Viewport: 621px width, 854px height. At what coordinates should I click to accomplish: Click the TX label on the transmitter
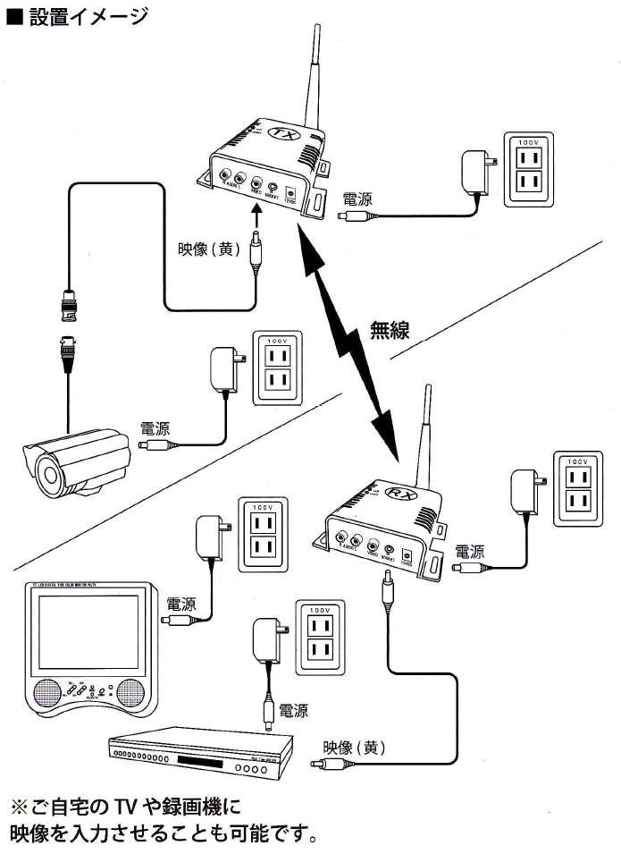point(285,133)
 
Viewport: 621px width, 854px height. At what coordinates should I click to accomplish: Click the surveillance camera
point(76,461)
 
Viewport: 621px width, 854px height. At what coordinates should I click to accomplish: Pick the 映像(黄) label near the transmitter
point(208,249)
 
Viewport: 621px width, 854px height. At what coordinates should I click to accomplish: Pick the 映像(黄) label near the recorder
point(355,747)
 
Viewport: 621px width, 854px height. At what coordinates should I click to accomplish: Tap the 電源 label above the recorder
point(293,711)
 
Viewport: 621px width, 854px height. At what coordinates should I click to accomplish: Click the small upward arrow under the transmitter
point(256,215)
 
